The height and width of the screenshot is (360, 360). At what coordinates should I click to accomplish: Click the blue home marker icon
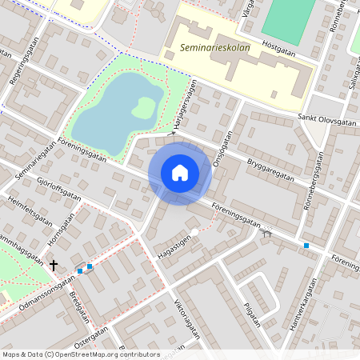pyautogui.click(x=180, y=173)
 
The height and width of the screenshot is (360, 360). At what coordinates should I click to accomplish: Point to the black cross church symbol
pyautogui.click(x=54, y=264)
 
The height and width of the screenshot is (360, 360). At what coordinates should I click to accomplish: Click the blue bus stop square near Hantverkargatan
pyautogui.click(x=306, y=245)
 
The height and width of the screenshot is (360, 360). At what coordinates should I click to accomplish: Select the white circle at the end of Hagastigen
pyautogui.click(x=194, y=232)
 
